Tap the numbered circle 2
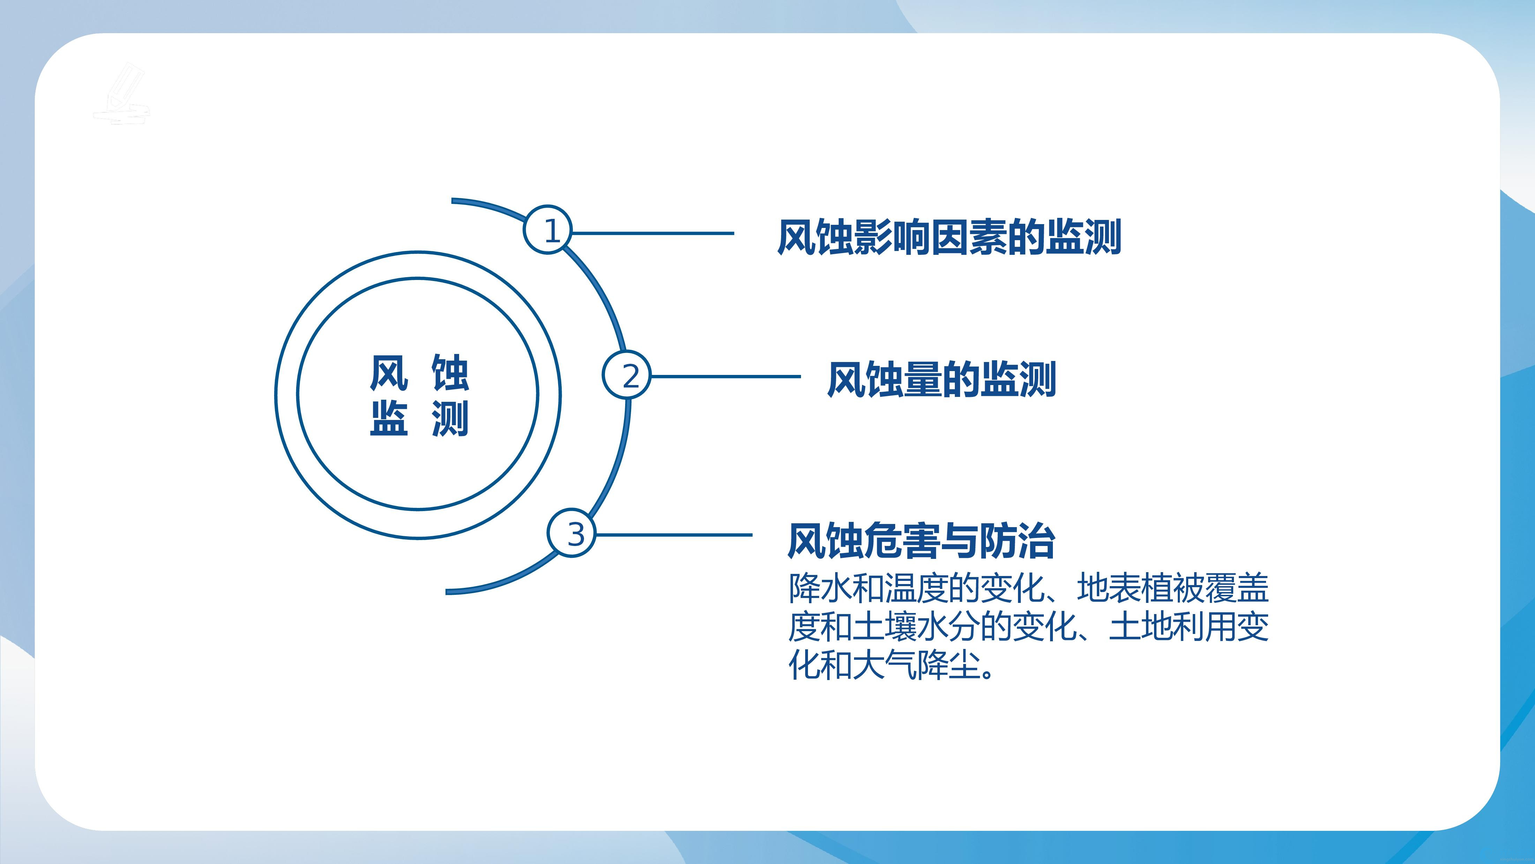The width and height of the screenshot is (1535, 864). [626, 376]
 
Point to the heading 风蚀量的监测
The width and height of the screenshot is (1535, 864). [942, 379]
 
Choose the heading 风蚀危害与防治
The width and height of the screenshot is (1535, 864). [921, 540]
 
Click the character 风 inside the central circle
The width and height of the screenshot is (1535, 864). [389, 373]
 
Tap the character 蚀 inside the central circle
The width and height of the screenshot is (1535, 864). [450, 373]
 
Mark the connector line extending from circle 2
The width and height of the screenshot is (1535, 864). [726, 376]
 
